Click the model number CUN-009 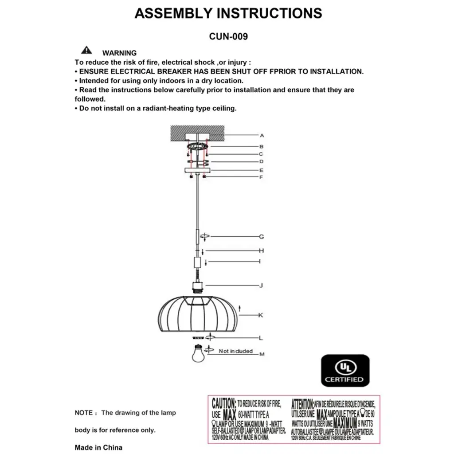coord(228,37)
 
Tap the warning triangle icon coord(86,50)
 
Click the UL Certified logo coord(345,370)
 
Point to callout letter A coord(262,136)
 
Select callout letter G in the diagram coord(262,237)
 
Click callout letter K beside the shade coord(261,315)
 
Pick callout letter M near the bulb coord(262,354)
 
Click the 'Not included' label coord(235,351)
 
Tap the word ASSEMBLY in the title coord(174,14)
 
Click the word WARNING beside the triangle coord(119,53)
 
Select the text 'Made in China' coord(98,447)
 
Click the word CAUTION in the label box coord(224,404)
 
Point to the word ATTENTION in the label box coord(302,404)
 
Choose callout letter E coord(262,170)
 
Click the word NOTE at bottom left coord(83,413)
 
